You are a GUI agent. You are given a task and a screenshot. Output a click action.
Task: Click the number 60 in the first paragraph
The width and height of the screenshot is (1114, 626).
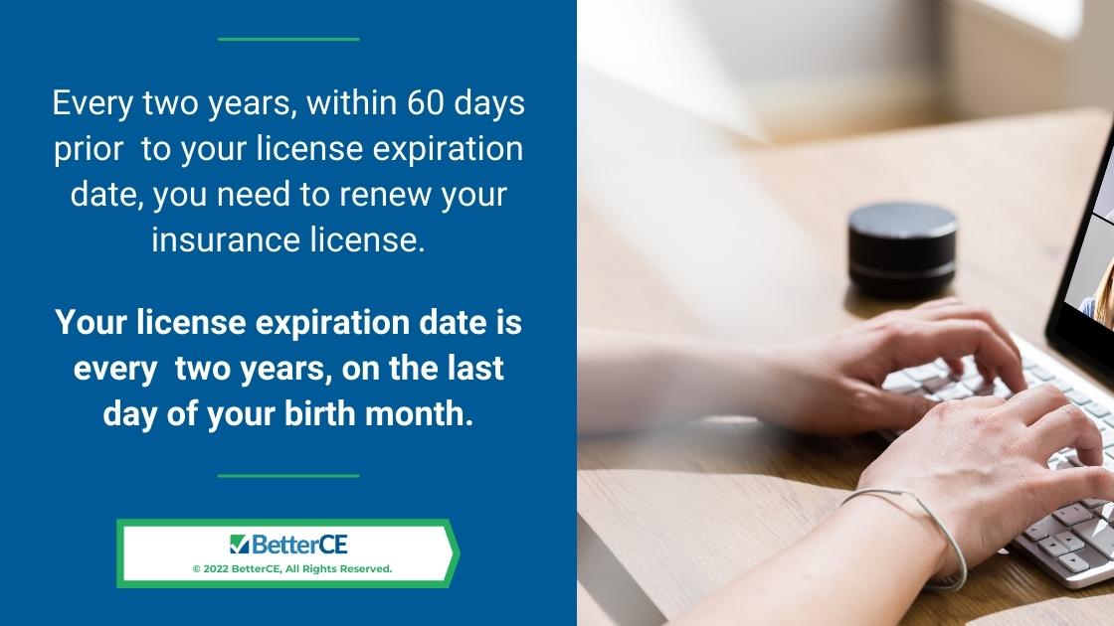click(x=425, y=103)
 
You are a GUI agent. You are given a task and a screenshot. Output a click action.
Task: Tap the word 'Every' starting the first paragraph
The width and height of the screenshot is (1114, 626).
click(x=93, y=104)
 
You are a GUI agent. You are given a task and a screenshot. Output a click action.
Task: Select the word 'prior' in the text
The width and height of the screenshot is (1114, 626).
click(x=89, y=150)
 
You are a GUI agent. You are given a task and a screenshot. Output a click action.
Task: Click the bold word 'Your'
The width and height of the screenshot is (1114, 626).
click(x=91, y=322)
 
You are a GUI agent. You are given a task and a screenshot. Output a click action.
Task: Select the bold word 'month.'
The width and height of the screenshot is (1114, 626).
click(x=419, y=413)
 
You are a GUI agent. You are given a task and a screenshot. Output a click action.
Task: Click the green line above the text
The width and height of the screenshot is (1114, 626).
click(x=288, y=39)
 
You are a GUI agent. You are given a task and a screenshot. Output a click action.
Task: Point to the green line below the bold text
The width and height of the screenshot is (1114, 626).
click(x=288, y=476)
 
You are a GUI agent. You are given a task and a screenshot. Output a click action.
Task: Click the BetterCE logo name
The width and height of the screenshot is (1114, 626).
click(x=299, y=545)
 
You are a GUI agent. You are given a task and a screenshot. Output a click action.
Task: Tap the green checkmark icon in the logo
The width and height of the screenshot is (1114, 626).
click(x=239, y=545)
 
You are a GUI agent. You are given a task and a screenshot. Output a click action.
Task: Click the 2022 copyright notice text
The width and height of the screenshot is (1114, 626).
click(x=292, y=568)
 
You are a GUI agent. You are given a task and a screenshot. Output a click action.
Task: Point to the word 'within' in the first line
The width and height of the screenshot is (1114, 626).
click(x=352, y=103)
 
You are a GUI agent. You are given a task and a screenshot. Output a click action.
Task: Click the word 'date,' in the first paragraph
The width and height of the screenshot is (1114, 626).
click(x=107, y=195)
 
